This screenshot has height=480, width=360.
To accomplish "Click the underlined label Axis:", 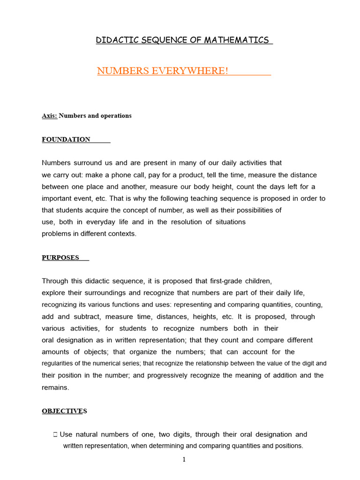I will [49, 116].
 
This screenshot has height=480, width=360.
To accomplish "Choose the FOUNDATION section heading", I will [66, 139].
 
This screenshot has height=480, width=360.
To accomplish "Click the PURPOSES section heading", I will [60, 257].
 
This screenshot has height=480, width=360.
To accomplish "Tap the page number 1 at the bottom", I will [184, 459].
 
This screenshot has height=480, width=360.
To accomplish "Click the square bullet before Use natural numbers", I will [56, 435].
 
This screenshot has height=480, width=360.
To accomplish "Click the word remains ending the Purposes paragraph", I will [55, 387].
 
